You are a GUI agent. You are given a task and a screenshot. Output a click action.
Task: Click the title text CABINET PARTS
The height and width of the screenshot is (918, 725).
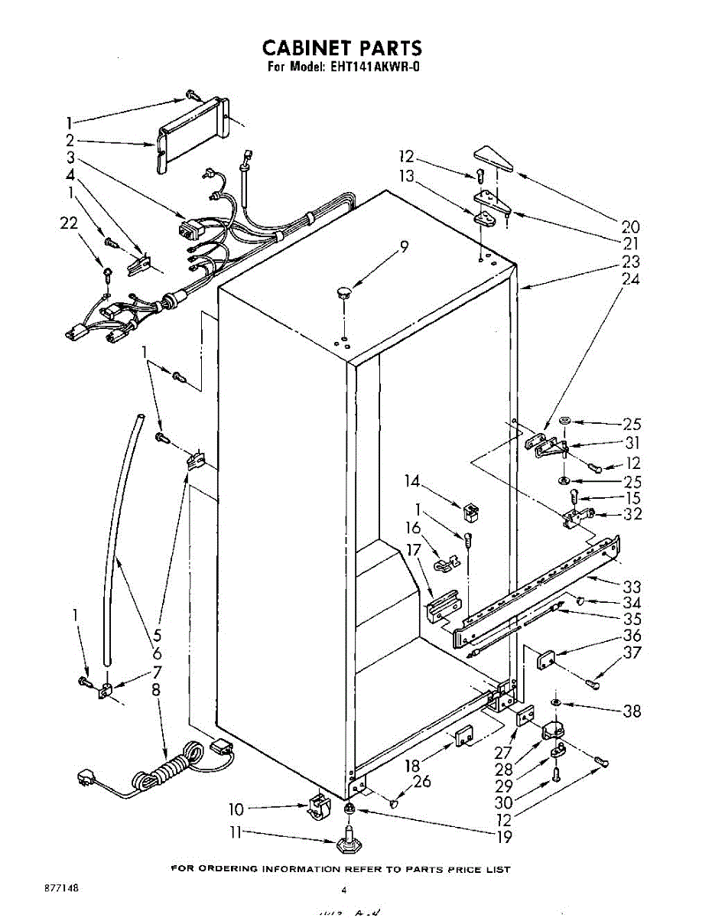tap(342, 48)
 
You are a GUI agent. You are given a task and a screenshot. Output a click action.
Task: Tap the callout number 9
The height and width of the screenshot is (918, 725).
tap(403, 247)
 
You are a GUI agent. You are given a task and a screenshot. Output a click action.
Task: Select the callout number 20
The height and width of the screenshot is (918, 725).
tap(630, 226)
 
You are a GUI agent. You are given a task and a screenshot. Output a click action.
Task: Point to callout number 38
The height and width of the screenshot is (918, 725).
tap(631, 711)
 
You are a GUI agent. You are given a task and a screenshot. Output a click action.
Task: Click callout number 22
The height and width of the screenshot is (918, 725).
tap(69, 223)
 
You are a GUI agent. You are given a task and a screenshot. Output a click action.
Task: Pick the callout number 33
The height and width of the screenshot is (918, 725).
tap(631, 588)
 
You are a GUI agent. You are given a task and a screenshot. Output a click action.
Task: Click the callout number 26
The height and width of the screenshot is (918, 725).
tap(421, 782)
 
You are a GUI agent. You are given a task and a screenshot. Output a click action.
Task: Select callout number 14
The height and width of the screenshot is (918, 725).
tap(412, 482)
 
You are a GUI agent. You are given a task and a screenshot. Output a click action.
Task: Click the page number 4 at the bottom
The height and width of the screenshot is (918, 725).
tap(344, 890)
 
